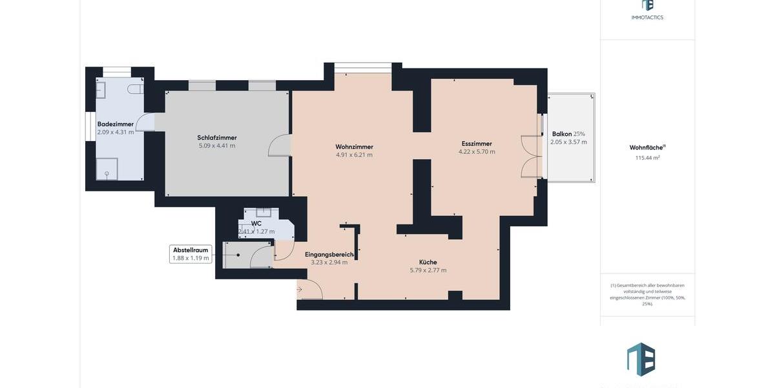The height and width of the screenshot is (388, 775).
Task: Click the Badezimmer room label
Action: coord(116,124)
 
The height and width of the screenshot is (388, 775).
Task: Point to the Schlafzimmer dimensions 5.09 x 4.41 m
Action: coord(217,145)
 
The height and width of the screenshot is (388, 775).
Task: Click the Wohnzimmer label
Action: coord(354,147)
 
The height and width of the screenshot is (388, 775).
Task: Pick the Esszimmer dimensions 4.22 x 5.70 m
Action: coord(477,152)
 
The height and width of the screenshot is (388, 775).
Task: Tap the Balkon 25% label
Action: coord(568,134)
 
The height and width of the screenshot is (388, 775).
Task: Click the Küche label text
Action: coord(428,262)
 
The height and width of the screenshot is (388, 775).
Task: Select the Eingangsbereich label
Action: coord(329,254)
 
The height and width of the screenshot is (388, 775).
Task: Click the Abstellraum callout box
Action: coord(191,253)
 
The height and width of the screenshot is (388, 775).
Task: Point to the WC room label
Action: coord(256,223)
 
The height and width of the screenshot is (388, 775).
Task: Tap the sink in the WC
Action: coord(263,211)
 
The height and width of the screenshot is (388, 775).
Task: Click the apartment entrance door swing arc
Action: coord(311,290)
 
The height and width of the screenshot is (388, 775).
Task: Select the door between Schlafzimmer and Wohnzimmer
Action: coord(279,145)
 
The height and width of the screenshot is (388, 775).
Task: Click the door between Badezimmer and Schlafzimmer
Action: coord(145,122)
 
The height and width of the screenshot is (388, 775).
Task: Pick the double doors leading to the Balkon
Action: coord(531,157)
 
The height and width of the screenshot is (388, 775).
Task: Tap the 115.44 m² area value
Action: coord(647,158)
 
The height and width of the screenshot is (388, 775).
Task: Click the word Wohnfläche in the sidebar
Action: coord(646,147)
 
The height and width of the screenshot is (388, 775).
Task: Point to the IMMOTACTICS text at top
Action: coord(647,17)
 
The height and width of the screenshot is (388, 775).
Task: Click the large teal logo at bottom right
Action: coord(641,359)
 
